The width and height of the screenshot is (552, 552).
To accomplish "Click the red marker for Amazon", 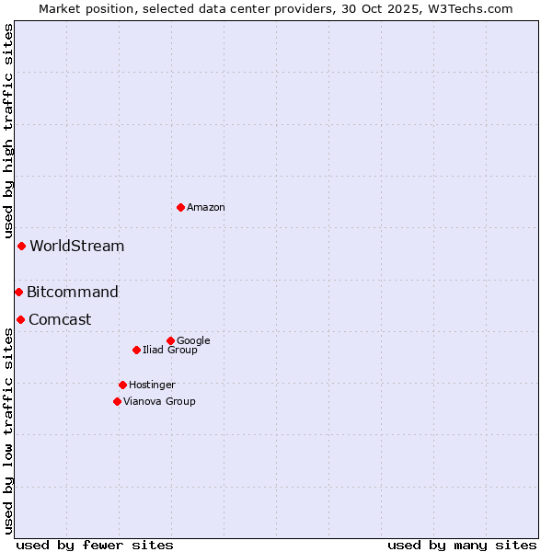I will click(180, 207).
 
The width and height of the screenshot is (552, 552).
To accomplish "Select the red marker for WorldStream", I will click(21, 246).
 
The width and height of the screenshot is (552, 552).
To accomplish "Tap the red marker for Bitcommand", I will click(18, 292).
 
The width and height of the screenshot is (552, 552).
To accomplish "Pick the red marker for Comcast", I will click(20, 319).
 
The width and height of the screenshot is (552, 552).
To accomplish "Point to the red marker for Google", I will click(170, 340).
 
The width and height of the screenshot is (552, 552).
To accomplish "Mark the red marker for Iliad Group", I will click(136, 350).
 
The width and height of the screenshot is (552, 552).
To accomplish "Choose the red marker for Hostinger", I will click(122, 385).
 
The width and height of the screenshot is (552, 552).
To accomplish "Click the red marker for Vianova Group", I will click(117, 401).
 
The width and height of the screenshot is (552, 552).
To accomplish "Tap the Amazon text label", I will click(206, 208).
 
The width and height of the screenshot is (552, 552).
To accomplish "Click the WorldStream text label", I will click(77, 247).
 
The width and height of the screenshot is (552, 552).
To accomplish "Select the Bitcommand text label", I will click(73, 293).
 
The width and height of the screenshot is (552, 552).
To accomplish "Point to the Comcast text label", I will click(60, 320).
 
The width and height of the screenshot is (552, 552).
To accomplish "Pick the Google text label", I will click(193, 341).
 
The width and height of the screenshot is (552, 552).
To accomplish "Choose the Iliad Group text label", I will click(170, 351).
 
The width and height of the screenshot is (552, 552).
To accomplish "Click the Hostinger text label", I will click(152, 385).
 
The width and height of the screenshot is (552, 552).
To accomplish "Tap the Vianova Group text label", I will click(159, 402).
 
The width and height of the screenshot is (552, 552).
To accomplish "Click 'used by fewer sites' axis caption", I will click(95, 545).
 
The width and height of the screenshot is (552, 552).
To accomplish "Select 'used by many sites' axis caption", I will click(462, 545).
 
